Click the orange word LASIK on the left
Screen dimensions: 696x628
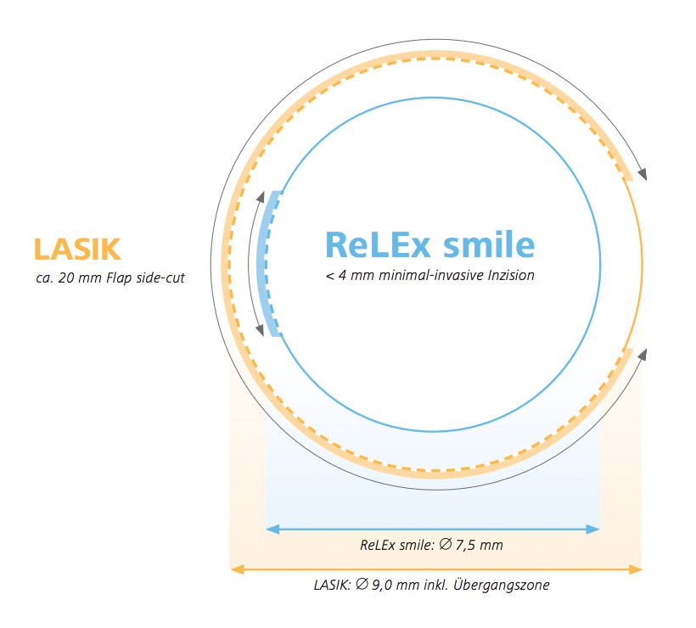pos(77,249)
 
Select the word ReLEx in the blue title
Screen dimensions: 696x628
pos(378,244)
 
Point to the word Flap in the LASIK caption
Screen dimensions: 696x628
pos(119,278)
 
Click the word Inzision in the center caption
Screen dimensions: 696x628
pos(511,275)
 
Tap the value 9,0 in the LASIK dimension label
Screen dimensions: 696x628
pos(382,585)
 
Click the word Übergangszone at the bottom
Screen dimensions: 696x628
pos(501,585)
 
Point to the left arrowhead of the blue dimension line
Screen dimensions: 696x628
pos(272,529)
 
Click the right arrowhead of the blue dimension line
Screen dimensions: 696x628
pos(593,529)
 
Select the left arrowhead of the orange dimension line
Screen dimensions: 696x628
pos(237,569)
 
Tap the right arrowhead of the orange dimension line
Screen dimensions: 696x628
pos(635,569)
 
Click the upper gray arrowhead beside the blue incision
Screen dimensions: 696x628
pos(261,197)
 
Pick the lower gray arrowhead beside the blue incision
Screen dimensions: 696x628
pos(261,330)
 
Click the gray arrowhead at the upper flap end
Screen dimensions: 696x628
pos(642,174)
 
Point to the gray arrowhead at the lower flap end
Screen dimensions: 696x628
pos(643,355)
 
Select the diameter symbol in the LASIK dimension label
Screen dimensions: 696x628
pos(362,585)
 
